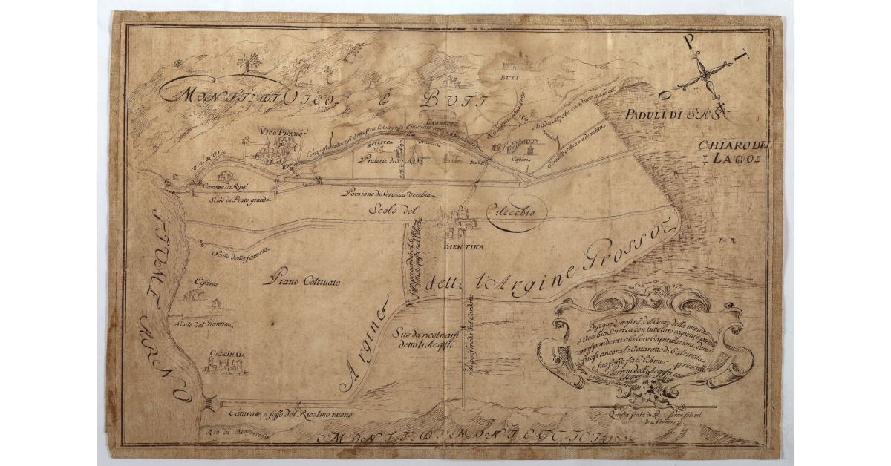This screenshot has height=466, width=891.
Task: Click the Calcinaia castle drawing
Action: pyautogui.click(x=221, y=364)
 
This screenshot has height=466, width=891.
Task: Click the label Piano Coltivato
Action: pyautogui.click(x=305, y=282)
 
